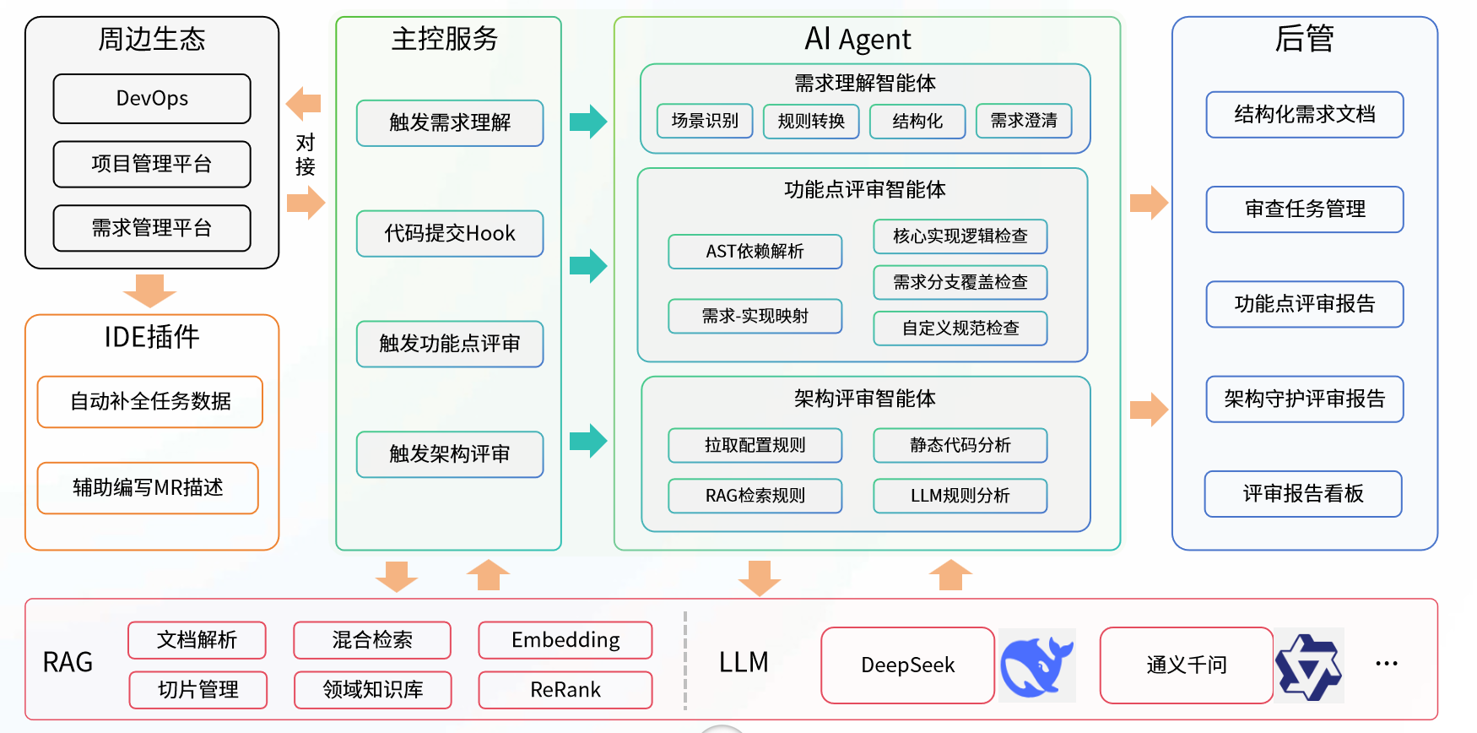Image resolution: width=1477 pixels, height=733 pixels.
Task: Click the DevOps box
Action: [x=152, y=99]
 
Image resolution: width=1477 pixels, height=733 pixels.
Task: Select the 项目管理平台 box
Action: [x=152, y=164]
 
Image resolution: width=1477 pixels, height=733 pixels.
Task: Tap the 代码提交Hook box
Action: [x=450, y=234]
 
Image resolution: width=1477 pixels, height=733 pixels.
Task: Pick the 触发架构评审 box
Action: [x=450, y=454]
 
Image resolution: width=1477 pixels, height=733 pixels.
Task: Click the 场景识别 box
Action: [x=705, y=121]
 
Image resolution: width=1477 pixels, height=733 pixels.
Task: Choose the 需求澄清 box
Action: [x=1024, y=121]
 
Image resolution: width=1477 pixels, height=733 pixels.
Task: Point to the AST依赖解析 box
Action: [x=755, y=252]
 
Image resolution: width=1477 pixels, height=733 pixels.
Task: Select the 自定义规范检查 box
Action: [x=960, y=328]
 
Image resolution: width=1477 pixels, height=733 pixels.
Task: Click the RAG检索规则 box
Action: [x=755, y=496]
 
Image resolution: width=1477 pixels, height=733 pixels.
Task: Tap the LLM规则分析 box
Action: [x=960, y=496]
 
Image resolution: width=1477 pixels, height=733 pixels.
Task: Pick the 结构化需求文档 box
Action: [x=1305, y=115]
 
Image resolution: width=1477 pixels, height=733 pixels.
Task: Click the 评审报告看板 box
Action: [x=1303, y=494]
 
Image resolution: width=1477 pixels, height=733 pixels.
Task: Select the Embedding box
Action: [x=565, y=640]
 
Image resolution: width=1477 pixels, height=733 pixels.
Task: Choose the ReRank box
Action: [x=565, y=690]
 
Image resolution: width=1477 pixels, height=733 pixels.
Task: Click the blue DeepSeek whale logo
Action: [x=1036, y=665]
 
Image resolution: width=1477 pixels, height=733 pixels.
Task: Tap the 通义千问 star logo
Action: [x=1308, y=666]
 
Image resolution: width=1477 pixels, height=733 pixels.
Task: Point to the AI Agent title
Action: [x=858, y=39]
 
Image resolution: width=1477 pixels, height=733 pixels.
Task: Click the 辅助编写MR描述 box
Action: [x=148, y=488]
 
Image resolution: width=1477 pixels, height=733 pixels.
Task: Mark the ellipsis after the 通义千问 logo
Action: [x=1387, y=664]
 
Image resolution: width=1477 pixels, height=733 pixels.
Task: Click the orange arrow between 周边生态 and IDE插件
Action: [x=149, y=290]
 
